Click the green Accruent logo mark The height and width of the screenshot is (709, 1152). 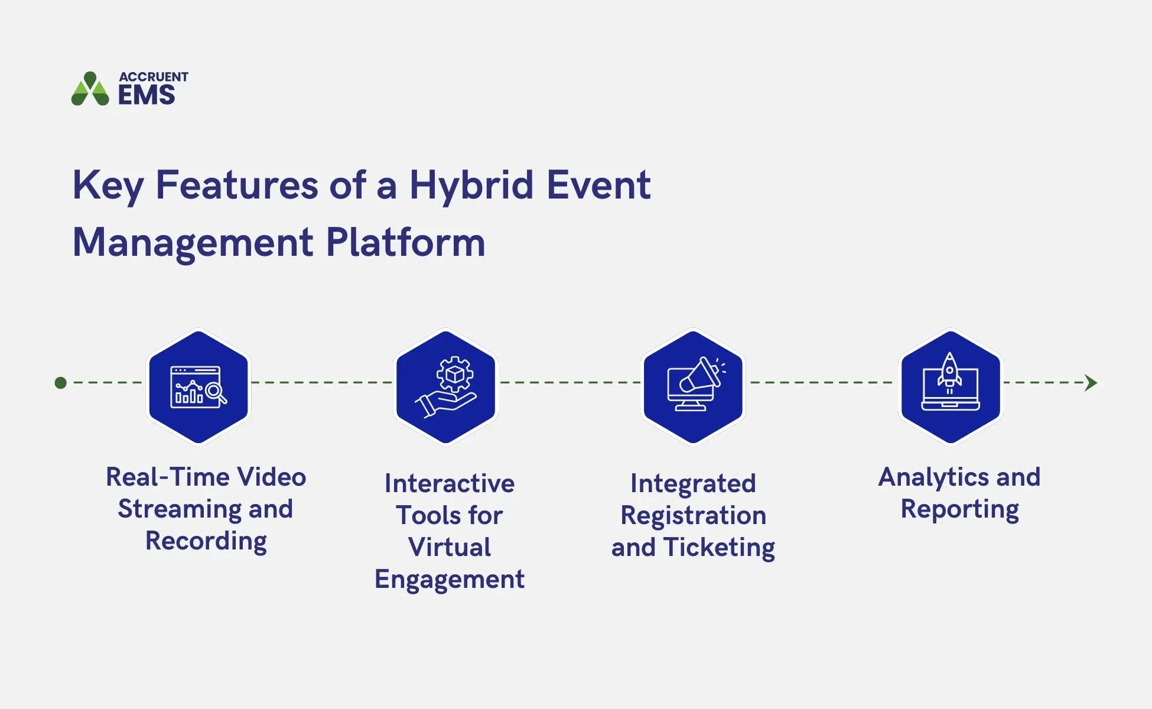pos(90,90)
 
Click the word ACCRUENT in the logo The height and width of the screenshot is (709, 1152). pos(153,77)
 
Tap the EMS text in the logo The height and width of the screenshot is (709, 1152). pos(147,95)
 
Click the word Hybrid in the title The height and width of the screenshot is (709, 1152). pos(471,186)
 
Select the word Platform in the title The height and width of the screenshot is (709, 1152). pos(405,242)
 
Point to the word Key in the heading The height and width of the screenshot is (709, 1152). pos(108,186)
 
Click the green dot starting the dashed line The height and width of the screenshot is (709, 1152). pos(60,383)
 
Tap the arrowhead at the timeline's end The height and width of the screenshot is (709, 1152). pos(1091,383)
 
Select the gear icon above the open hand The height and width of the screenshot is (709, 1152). pos(454,374)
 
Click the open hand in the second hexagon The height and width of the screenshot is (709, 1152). pos(444,404)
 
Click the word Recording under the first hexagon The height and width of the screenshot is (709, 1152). pos(206,541)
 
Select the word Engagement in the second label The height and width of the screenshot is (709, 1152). pos(449,580)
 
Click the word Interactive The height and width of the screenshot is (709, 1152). pos(449,484)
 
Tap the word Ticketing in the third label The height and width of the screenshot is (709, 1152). pos(718,548)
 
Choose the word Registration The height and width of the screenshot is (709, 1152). pos(693,516)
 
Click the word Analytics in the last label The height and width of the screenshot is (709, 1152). pos(933,477)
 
